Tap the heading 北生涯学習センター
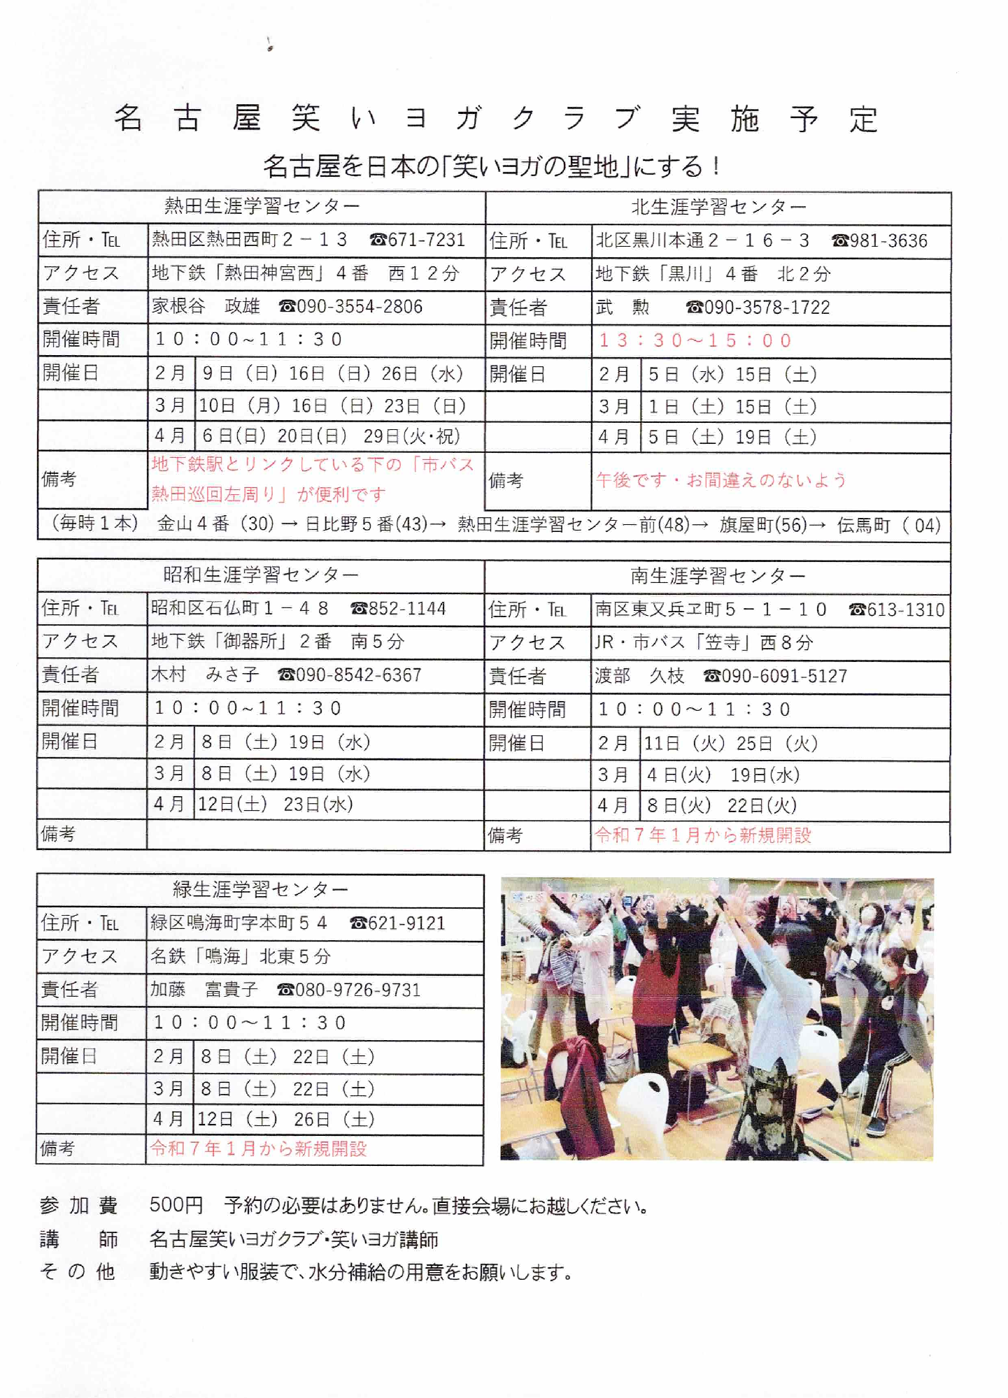tap(718, 207)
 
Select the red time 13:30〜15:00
tap(695, 340)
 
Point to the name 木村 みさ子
tap(205, 675)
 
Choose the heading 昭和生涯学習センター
tap(261, 575)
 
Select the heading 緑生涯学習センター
tap(260, 889)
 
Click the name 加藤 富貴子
tap(204, 990)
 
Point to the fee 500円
tap(176, 1205)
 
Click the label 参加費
tap(78, 1205)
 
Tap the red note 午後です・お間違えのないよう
tap(721, 480)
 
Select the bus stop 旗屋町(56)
tap(763, 525)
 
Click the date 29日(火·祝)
tap(412, 436)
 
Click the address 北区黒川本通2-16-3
tap(702, 240)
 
